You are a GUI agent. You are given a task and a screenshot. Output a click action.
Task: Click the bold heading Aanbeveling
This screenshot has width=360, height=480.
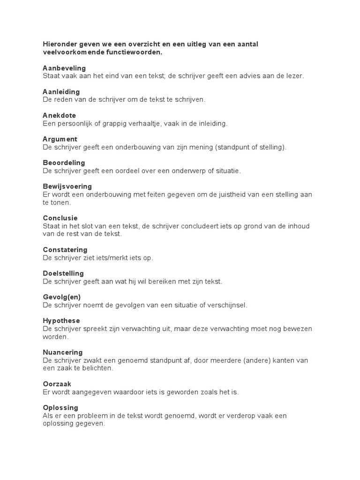64,68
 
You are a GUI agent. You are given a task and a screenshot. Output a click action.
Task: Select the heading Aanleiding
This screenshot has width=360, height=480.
61,91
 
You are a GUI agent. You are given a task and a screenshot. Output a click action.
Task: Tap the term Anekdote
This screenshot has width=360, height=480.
59,115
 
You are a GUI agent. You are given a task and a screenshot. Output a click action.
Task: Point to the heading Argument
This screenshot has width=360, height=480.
60,139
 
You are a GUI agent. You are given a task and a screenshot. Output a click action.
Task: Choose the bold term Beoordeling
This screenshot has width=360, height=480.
64,163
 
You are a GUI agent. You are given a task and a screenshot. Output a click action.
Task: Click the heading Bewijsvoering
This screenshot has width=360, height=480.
67,187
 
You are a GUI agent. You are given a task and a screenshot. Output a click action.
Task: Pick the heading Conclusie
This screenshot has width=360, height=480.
60,218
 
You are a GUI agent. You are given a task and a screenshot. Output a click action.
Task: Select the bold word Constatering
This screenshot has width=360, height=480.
65,250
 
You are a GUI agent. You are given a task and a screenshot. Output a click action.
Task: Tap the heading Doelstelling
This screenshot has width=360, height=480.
63,273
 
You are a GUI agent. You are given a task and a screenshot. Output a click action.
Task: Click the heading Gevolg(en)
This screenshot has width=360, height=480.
61,297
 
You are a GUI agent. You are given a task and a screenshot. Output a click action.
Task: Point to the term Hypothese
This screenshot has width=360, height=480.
61,321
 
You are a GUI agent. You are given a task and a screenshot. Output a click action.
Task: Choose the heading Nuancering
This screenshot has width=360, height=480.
63,352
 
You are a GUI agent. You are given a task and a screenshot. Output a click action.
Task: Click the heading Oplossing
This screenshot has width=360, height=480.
60,407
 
